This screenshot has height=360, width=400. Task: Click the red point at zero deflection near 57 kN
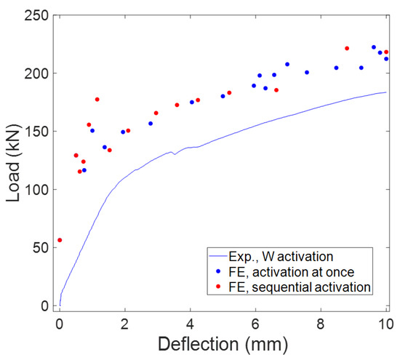click(60, 240)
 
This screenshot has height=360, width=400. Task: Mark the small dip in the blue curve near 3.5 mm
click(175, 154)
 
